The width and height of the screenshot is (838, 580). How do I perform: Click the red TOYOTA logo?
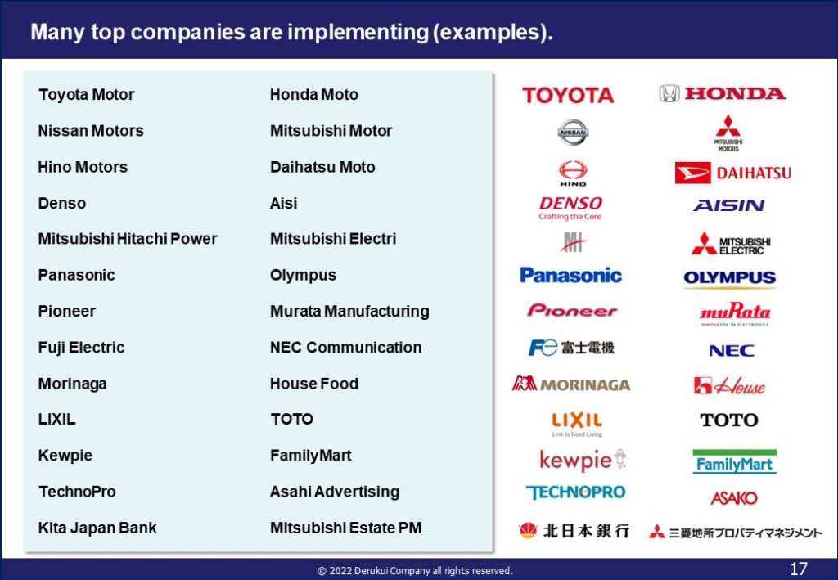(x=568, y=95)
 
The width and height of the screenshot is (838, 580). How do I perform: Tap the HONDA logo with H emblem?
(x=723, y=93)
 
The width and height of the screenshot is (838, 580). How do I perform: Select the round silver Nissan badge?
(x=573, y=132)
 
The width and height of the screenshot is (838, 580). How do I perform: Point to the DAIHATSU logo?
(x=732, y=173)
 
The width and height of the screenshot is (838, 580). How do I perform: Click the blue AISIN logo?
(x=729, y=205)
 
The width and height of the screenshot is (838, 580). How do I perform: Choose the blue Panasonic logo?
(x=570, y=275)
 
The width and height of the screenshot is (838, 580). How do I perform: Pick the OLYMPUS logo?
(x=729, y=278)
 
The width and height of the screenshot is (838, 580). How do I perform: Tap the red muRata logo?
(x=735, y=313)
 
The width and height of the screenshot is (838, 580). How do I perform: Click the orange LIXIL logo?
(x=577, y=424)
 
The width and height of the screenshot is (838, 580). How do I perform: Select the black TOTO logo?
(x=729, y=420)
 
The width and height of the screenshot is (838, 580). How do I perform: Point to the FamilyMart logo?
(x=734, y=462)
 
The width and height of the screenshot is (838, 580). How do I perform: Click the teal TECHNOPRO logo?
(x=575, y=492)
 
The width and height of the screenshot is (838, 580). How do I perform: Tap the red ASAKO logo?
(x=734, y=498)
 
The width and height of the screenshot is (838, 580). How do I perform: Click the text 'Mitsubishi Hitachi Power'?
(x=128, y=239)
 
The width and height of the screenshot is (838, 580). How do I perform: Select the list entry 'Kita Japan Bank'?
(x=97, y=528)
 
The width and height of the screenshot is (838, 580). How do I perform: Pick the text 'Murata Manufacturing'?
(x=349, y=311)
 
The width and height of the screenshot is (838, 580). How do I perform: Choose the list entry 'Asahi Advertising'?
(x=335, y=492)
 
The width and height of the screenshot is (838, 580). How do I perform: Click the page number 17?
(x=799, y=569)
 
